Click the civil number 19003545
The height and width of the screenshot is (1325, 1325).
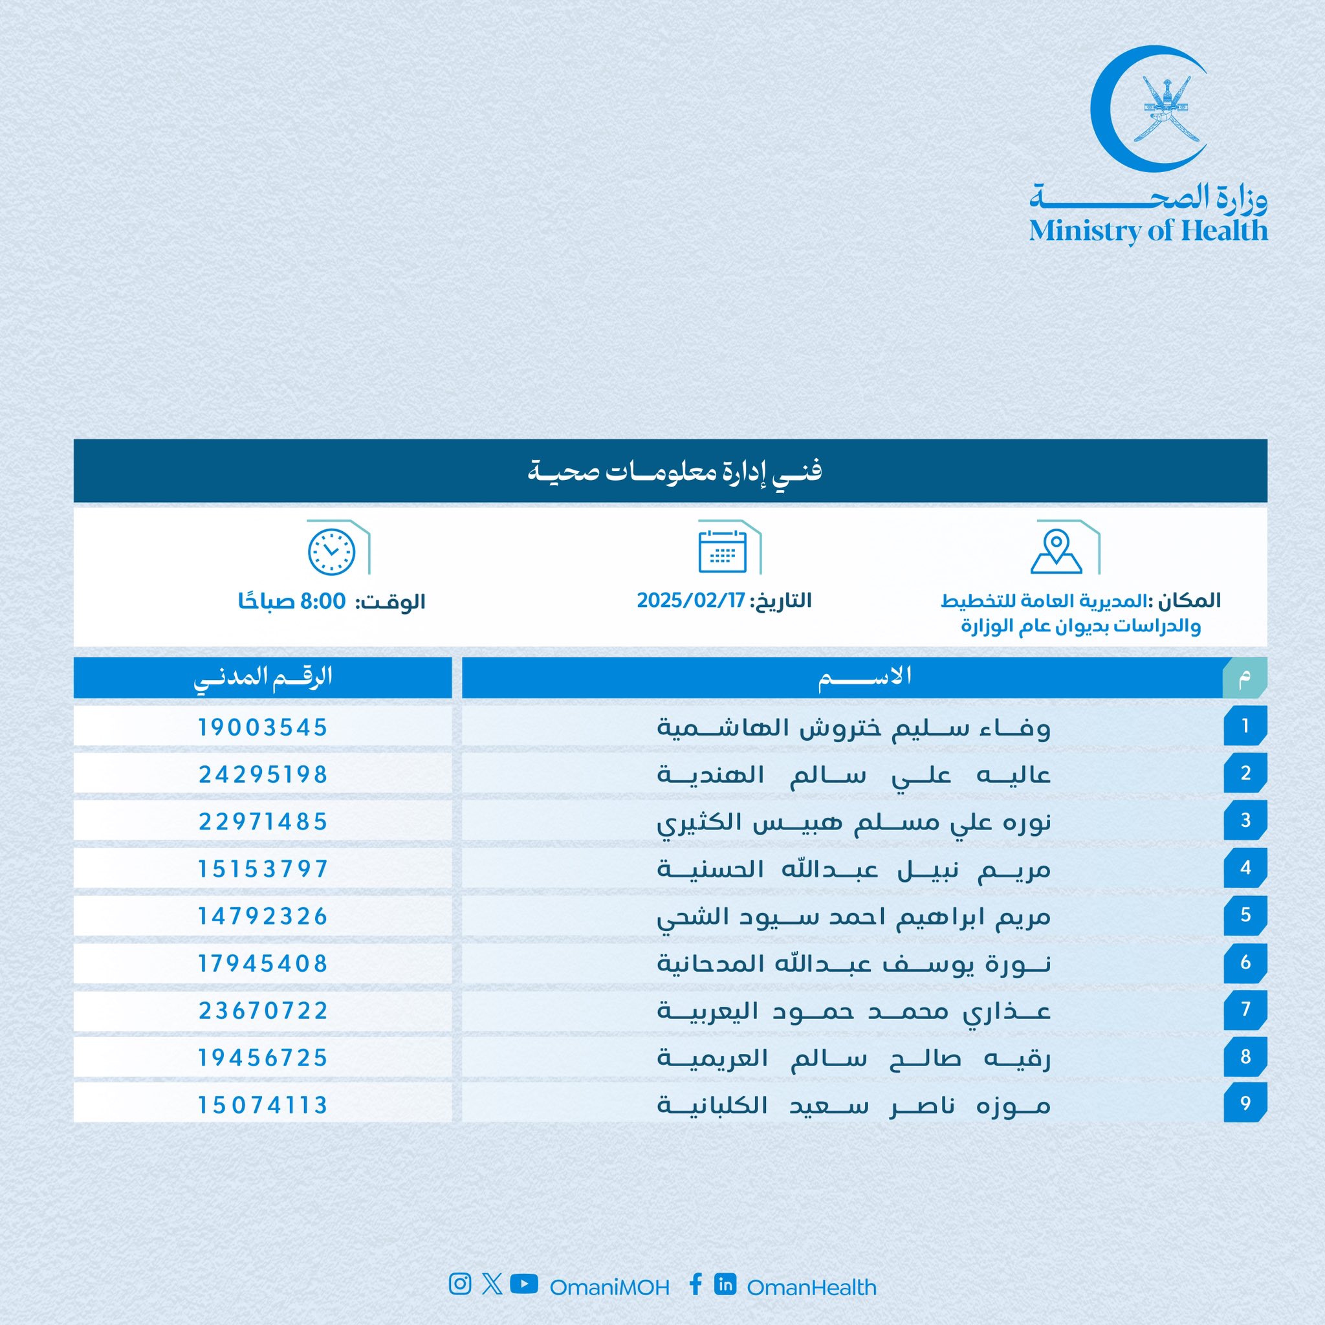(x=263, y=727)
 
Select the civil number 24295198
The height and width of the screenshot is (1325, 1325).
(x=263, y=774)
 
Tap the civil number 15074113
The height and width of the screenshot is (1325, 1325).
(x=263, y=1105)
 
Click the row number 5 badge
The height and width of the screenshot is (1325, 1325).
(x=1245, y=915)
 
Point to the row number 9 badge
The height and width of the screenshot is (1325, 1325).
(x=1245, y=1104)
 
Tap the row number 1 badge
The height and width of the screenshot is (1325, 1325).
(x=1245, y=726)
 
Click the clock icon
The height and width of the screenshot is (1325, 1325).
(x=331, y=552)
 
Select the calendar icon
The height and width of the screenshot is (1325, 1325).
(x=722, y=551)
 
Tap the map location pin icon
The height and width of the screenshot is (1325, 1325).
(x=1056, y=551)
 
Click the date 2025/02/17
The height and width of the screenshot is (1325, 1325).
(x=690, y=600)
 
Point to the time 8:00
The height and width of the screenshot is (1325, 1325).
(x=323, y=602)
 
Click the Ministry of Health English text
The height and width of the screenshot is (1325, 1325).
(x=1148, y=230)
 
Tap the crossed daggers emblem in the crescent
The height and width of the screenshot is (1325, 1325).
(x=1165, y=110)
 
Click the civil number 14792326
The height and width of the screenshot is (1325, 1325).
(x=263, y=916)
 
